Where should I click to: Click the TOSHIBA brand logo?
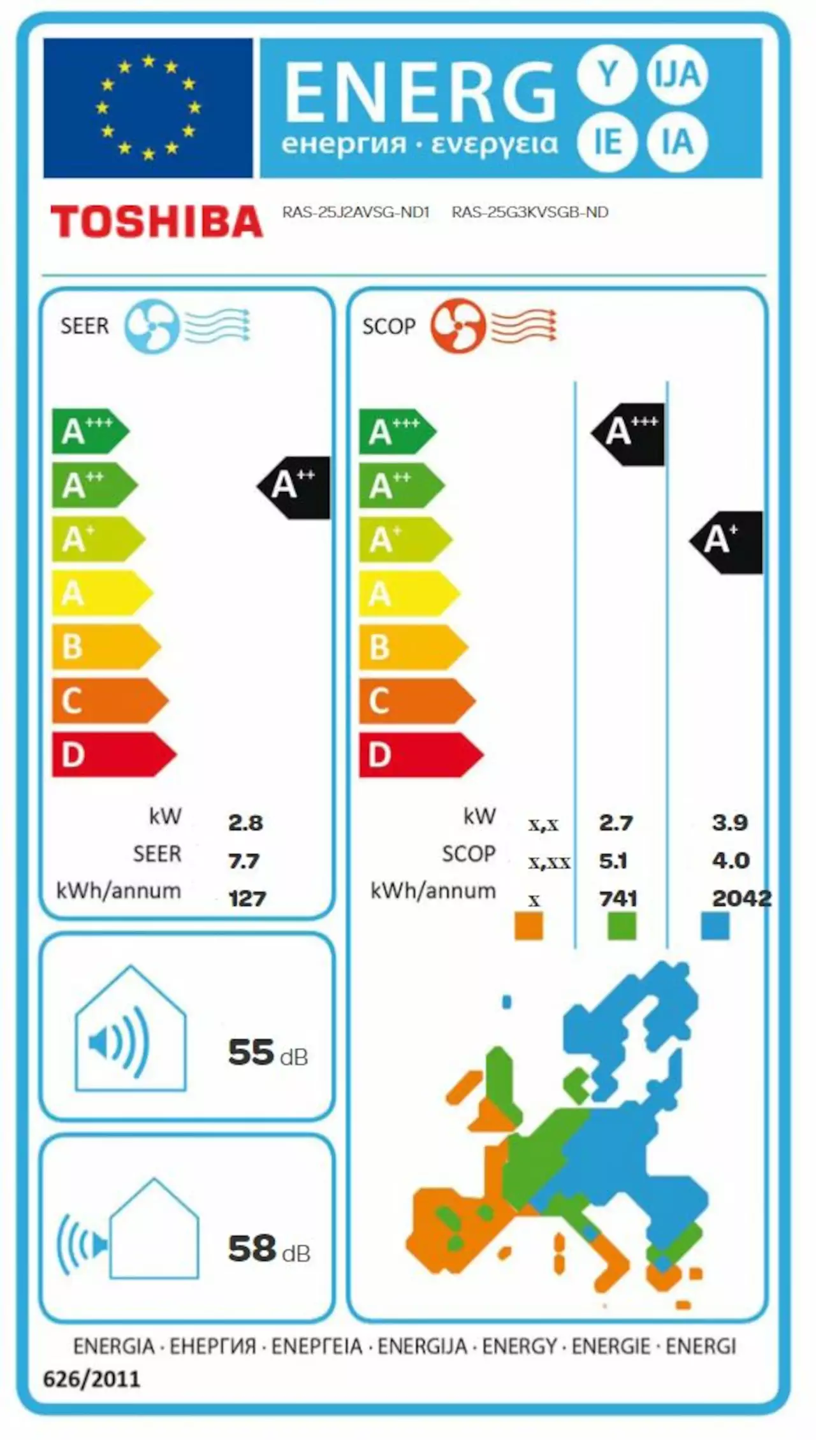[156, 221]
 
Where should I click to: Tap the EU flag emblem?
[148, 108]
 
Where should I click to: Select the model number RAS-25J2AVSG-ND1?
[356, 212]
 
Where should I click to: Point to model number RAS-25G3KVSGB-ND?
[530, 212]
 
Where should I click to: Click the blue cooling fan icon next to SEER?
[152, 326]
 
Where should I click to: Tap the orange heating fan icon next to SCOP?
[457, 326]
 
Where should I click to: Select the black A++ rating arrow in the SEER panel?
[295, 487]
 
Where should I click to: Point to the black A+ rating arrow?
[727, 542]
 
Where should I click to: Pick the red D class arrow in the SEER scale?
[112, 755]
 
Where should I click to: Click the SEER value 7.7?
[244, 861]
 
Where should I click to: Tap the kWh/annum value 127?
[247, 899]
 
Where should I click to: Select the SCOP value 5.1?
[613, 861]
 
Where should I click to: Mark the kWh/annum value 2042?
[741, 898]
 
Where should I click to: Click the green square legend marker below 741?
[622, 926]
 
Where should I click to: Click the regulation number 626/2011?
[91, 1379]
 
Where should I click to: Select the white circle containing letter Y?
[608, 75]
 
